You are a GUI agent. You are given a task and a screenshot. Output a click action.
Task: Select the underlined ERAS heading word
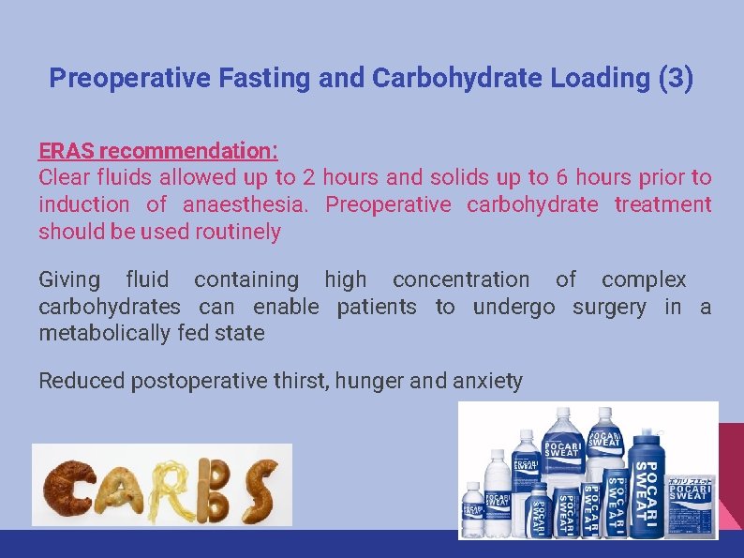[67, 151]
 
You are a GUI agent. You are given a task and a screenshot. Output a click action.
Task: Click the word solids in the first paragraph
[459, 177]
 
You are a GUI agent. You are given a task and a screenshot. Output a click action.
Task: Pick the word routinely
[238, 232]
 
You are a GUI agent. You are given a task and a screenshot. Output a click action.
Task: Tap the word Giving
[69, 279]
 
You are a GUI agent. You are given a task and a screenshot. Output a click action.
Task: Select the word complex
[644, 279]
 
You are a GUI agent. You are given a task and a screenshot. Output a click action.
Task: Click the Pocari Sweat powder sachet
[691, 506]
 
